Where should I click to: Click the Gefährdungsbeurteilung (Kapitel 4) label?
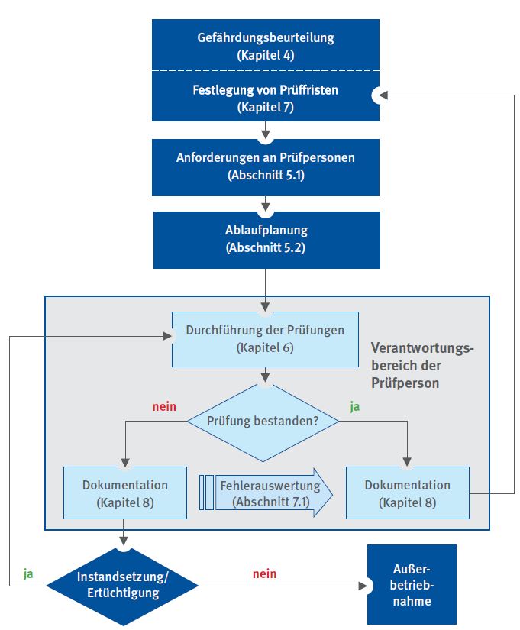(266, 45)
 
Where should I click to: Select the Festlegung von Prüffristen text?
(266, 90)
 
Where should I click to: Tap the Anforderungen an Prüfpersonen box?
(266, 166)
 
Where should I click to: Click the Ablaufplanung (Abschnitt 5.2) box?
(266, 239)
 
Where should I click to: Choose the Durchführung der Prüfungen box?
(265, 339)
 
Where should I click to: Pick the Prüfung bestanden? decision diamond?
(263, 422)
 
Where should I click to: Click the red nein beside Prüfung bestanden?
(163, 406)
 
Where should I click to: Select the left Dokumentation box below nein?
(125, 493)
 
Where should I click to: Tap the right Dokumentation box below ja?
(407, 493)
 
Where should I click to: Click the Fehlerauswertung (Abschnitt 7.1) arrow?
(267, 493)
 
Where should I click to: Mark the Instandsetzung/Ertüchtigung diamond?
(124, 586)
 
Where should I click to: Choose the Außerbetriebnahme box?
(412, 585)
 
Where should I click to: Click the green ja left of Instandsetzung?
(28, 573)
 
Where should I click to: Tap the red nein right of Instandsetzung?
(264, 573)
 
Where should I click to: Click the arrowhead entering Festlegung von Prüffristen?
(377, 95)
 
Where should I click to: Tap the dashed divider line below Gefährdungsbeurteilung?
(266, 71)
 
